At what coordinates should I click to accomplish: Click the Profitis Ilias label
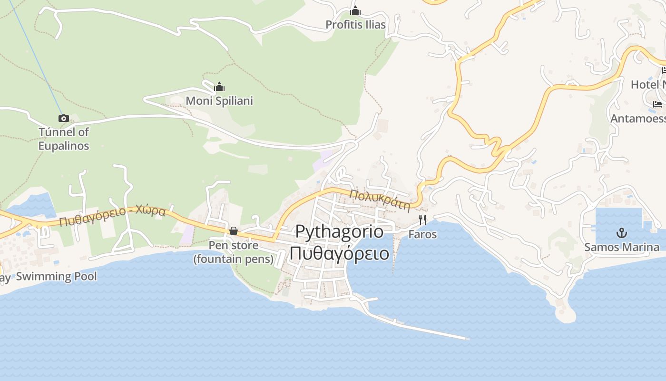pos(355,25)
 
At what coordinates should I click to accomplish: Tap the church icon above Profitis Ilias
pos(355,10)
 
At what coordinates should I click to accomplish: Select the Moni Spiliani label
pos(219,101)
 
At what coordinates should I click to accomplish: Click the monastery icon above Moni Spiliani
pos(219,87)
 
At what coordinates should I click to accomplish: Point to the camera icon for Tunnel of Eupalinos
pos(64,118)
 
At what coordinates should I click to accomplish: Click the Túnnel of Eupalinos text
pos(64,139)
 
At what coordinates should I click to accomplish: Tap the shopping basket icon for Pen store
pos(234,231)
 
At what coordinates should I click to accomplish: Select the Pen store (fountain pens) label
pos(234,252)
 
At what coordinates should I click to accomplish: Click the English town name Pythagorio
pos(339,231)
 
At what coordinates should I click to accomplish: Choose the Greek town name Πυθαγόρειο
pos(339,253)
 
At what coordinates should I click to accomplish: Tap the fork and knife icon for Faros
pos(422,220)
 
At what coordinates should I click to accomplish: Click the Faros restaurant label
pos(422,235)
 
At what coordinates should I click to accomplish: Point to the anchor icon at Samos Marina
pos(621,233)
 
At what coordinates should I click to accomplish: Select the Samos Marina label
pos(621,247)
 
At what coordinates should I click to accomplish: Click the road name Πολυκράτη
pos(380,200)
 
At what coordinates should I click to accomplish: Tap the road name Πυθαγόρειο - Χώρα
pos(113,216)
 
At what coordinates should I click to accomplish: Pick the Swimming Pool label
pos(56,277)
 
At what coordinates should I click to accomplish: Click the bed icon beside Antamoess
pos(657,104)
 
